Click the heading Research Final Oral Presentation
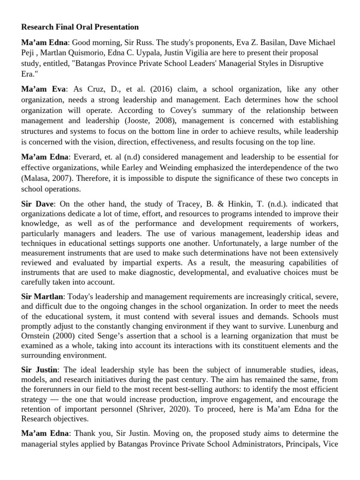click(x=80, y=27)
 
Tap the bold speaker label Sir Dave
click(x=38, y=204)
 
